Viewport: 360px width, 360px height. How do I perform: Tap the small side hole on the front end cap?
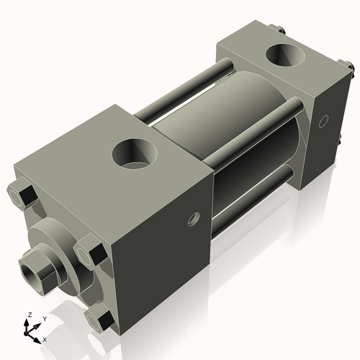point(192,218)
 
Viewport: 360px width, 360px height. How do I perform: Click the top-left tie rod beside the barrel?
point(180,89)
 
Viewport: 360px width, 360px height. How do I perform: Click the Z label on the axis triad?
point(28,315)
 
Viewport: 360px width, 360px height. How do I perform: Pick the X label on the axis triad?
point(45,338)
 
